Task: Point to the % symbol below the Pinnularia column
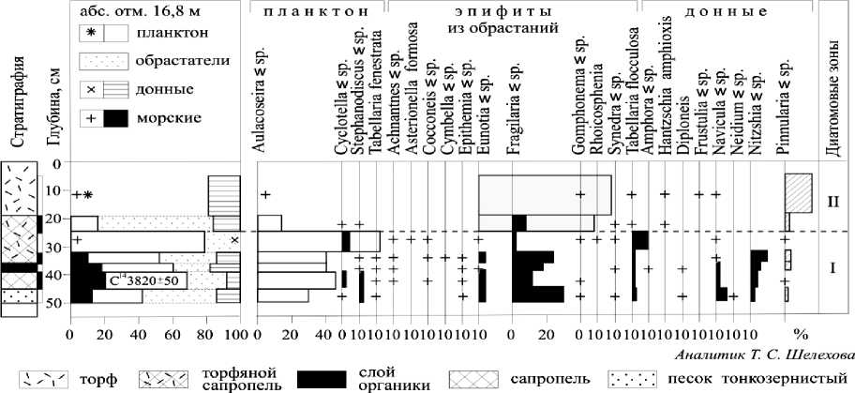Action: pyautogui.click(x=800, y=334)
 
